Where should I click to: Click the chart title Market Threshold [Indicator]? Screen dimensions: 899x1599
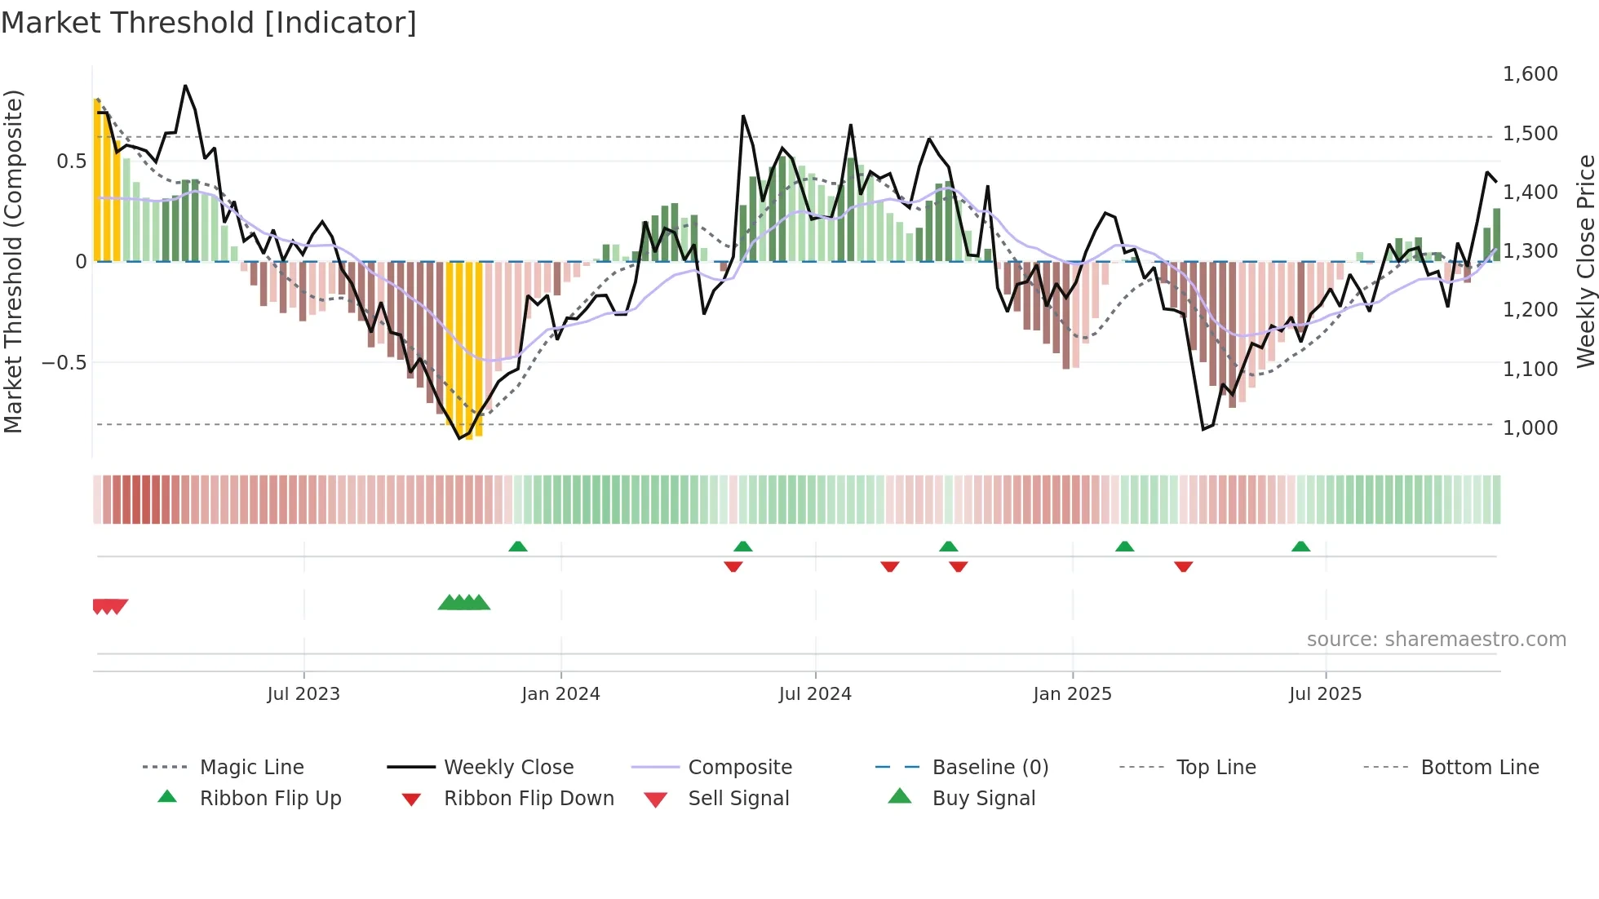pos(209,23)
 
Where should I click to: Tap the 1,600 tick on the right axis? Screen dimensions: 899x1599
pos(1530,74)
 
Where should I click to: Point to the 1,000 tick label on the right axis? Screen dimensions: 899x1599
pos(1530,427)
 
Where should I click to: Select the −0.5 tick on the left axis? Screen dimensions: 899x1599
pos(64,362)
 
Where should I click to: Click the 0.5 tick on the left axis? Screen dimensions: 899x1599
pos(71,161)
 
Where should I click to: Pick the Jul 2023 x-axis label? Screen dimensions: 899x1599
pos(303,694)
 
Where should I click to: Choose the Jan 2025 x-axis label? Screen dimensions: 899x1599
pos(1072,694)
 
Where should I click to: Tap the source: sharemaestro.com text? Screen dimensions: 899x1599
pos(1436,640)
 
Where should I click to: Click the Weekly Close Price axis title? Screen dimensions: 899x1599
pos(1585,261)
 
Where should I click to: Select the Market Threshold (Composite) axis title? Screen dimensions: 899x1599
pos(13,261)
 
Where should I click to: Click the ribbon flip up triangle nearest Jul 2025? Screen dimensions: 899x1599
pos(1300,547)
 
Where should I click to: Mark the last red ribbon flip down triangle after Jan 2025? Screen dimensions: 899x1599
pos(1183,566)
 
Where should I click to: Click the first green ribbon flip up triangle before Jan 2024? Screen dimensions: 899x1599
pos(517,547)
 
